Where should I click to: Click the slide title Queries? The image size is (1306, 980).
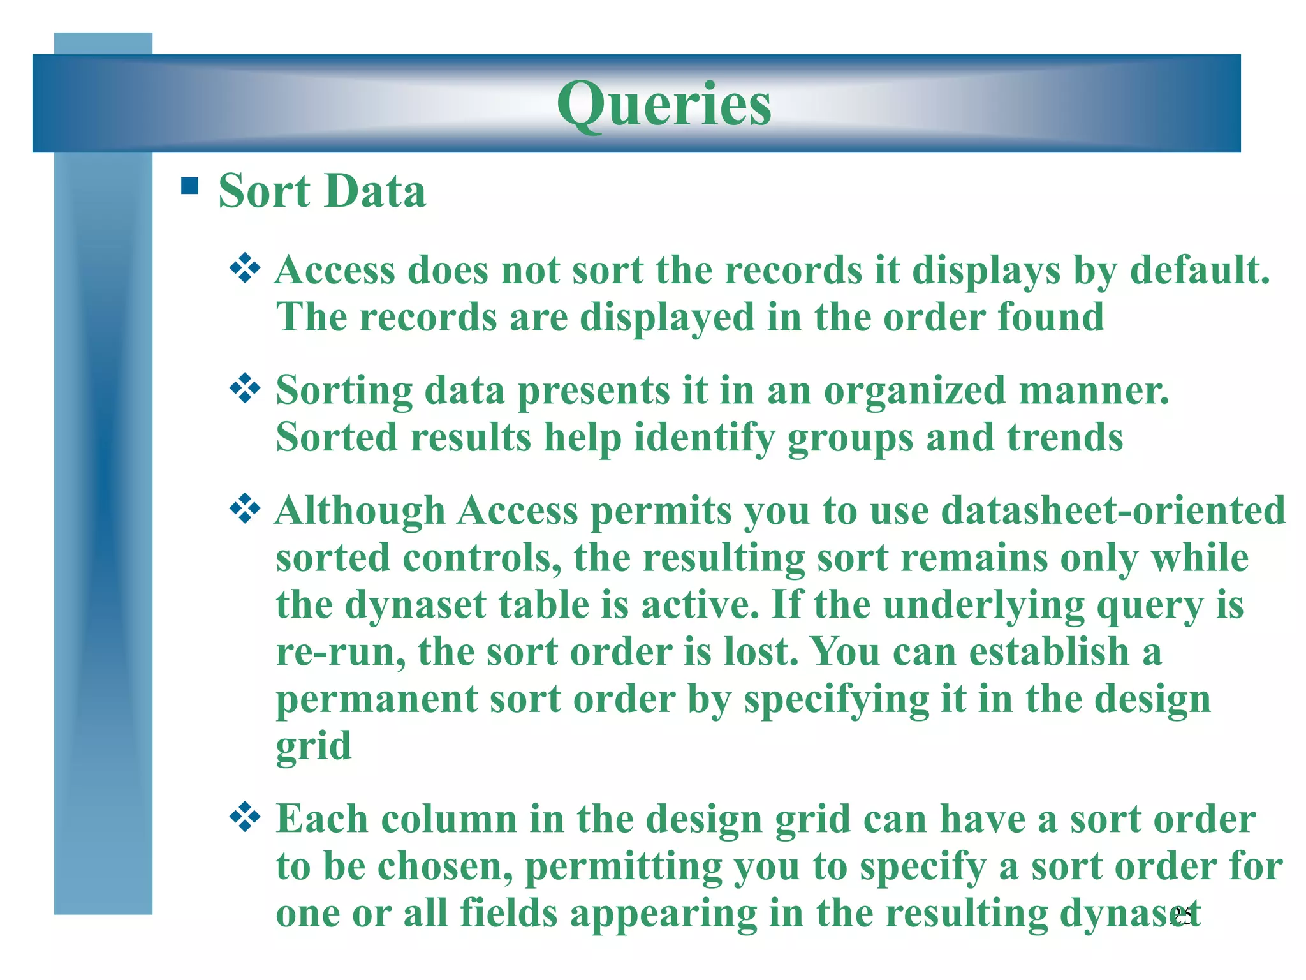[664, 104]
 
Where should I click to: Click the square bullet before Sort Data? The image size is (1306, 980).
[189, 186]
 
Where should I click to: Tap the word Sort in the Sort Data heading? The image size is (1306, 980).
[264, 191]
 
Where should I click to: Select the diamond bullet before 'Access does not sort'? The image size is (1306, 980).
[245, 269]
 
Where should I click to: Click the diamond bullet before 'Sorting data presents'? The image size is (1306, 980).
[245, 389]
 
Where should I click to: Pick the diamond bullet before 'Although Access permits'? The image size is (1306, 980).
[245, 509]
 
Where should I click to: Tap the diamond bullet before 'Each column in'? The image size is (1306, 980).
[245, 817]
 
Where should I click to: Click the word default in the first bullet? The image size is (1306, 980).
[1199, 270]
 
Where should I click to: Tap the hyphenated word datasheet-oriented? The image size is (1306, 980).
[1113, 510]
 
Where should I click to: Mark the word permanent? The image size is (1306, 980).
[376, 700]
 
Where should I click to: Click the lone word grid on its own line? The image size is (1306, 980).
[313, 746]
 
